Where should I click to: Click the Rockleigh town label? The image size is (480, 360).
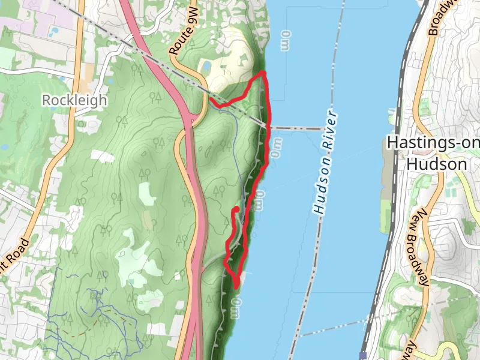click(x=74, y=100)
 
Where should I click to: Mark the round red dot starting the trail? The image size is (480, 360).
click(x=236, y=209)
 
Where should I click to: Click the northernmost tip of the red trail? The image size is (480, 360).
click(x=263, y=73)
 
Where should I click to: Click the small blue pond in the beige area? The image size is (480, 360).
click(x=206, y=65)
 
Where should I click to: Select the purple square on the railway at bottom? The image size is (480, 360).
click(x=363, y=355)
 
